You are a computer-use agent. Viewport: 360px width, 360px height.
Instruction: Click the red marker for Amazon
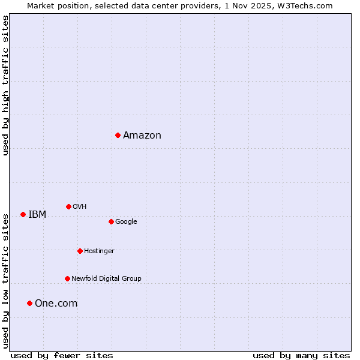tap(118, 135)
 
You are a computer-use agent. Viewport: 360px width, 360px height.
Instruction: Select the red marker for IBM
tap(23, 214)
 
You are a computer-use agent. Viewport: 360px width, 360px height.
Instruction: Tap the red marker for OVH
tap(68, 206)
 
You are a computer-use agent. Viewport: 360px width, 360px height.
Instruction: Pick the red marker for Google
tap(111, 221)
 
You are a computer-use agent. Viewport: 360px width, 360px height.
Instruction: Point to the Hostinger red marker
tap(80, 251)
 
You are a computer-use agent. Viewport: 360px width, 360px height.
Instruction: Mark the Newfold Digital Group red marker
tap(67, 278)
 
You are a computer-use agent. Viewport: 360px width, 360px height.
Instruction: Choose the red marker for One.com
tap(29, 303)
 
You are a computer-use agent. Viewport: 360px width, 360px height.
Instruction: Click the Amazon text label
tap(142, 135)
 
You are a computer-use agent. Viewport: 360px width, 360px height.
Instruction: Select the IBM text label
tap(37, 214)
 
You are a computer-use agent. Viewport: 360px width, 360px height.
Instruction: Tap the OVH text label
tap(80, 206)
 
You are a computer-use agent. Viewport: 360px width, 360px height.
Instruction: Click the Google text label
tap(126, 221)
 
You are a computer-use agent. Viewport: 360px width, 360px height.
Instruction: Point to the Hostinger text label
tap(99, 251)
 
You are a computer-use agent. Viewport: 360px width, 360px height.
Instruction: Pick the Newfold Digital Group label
tap(106, 278)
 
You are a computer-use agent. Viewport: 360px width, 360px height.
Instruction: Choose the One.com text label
tap(56, 303)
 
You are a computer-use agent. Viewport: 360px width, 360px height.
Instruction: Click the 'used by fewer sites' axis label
tap(62, 355)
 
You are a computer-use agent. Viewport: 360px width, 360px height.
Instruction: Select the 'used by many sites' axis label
tap(301, 355)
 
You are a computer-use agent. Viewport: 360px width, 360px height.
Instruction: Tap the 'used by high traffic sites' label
tap(6, 85)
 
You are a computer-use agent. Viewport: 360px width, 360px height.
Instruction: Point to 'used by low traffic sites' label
tap(6, 281)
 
